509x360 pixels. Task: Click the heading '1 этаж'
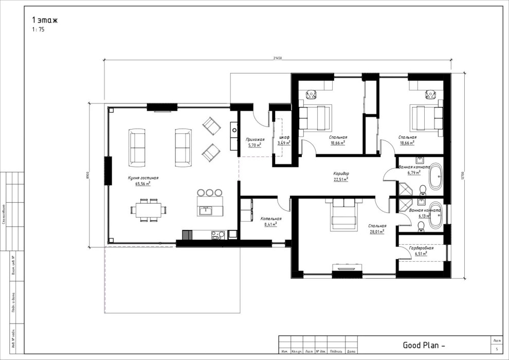[x=45, y=20]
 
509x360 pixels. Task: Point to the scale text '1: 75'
[x=38, y=30]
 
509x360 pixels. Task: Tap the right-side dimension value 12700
[x=463, y=175]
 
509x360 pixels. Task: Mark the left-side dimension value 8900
[x=88, y=175]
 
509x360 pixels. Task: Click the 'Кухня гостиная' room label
[x=143, y=178]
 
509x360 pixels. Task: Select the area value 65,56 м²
[x=142, y=184]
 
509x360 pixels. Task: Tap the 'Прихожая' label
[x=255, y=139]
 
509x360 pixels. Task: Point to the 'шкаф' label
[x=284, y=138]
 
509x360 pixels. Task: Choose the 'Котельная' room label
[x=270, y=218]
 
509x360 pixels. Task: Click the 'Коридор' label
[x=341, y=174]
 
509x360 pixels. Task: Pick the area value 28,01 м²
[x=377, y=231]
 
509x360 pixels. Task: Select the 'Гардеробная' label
[x=421, y=248]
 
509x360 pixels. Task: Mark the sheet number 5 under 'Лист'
[x=496, y=349]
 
